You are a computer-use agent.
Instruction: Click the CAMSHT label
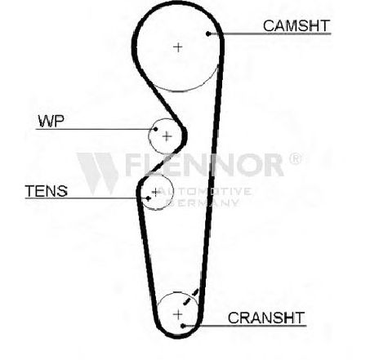297,26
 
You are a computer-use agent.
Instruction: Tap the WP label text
51,121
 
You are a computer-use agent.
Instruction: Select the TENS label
47,191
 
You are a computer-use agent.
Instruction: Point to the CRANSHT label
266,318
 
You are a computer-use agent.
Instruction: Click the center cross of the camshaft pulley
178,47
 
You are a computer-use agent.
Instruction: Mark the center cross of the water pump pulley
167,136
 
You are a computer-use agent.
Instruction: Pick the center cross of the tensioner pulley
155,192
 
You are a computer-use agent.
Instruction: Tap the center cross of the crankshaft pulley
178,314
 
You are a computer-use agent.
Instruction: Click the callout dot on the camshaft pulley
208,33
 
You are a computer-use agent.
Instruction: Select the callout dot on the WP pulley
155,129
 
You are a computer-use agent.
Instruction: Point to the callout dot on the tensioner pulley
148,198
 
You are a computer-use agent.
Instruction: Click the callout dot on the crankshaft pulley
183,326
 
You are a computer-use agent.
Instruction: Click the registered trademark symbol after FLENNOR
295,159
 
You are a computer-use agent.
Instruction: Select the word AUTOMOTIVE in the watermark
205,191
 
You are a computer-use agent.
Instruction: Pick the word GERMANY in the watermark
203,202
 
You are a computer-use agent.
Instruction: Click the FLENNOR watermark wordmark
204,164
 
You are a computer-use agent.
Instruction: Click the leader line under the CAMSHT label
270,33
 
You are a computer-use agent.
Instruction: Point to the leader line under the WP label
96,129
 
